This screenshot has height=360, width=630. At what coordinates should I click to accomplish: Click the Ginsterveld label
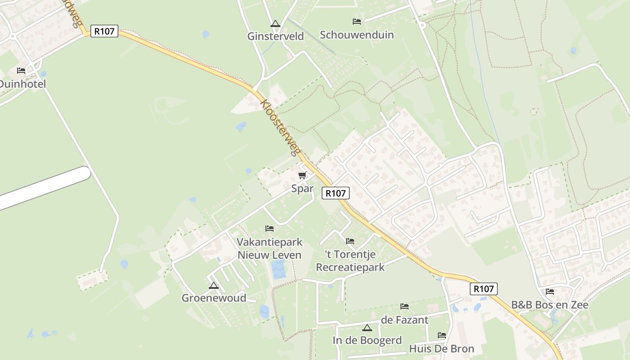[275, 36]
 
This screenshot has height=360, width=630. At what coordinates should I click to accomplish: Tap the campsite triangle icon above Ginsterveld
[275, 23]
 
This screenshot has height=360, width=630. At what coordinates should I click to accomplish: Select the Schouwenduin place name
[357, 35]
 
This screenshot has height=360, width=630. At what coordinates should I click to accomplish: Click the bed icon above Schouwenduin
[357, 22]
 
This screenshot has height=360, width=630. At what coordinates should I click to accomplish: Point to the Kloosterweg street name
[280, 127]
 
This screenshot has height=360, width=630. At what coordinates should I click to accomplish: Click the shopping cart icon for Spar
[302, 175]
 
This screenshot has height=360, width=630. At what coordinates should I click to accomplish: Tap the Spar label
[302, 188]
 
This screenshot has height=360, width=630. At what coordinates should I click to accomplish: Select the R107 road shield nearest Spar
[336, 193]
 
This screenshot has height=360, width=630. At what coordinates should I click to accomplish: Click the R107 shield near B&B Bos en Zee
[484, 289]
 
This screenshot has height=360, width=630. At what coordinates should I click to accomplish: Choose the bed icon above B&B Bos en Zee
[550, 292]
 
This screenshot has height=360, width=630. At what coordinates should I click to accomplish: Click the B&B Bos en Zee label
[550, 305]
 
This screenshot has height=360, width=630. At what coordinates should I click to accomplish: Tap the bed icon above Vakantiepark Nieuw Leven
[270, 229]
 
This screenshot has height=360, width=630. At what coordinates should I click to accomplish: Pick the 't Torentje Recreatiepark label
[350, 261]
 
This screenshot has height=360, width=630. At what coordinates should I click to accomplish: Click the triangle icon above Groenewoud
[214, 285]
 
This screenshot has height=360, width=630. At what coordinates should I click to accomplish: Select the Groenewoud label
[214, 298]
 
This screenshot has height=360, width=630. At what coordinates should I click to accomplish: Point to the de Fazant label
[405, 320]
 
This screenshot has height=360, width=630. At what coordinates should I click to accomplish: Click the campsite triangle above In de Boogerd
[367, 328]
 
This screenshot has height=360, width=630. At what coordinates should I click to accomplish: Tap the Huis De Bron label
[441, 349]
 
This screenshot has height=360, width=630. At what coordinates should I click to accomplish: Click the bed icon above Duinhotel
[21, 71]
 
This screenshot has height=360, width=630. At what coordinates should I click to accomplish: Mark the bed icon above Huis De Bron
[441, 335]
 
